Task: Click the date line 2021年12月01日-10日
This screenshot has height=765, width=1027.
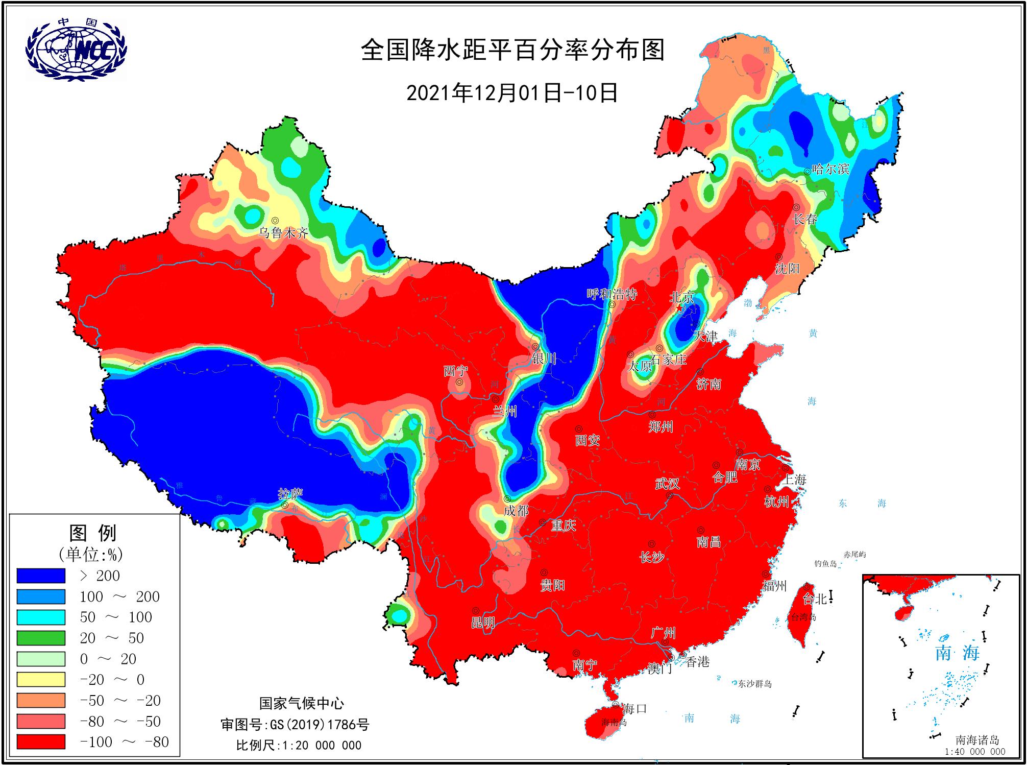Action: pos(512,93)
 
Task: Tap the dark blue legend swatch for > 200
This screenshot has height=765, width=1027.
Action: pos(41,576)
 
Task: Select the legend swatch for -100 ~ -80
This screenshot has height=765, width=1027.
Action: pos(41,742)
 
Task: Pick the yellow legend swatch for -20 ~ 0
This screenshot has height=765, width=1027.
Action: pos(41,680)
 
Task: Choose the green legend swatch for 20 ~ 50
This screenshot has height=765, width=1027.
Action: pos(41,638)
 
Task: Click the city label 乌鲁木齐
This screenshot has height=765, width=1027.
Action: pos(284,233)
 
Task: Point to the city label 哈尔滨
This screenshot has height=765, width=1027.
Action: pos(830,169)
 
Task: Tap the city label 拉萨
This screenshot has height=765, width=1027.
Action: pos(290,494)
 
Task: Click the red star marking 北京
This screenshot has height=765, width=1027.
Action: pos(679,308)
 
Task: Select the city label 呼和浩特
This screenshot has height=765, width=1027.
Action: pos(612,294)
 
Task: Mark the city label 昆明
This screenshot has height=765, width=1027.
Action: pos(483,623)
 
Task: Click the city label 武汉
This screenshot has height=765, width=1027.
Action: pos(667,483)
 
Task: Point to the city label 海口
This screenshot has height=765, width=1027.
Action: pos(634,708)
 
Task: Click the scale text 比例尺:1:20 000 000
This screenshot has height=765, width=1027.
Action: pos(299,745)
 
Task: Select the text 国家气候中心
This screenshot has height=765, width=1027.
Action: pos(302,703)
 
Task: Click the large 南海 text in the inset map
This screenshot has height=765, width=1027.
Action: pos(957,653)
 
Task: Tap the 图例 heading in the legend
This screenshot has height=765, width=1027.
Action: pos(92,533)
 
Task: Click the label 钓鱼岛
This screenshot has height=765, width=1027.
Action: pos(826,564)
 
